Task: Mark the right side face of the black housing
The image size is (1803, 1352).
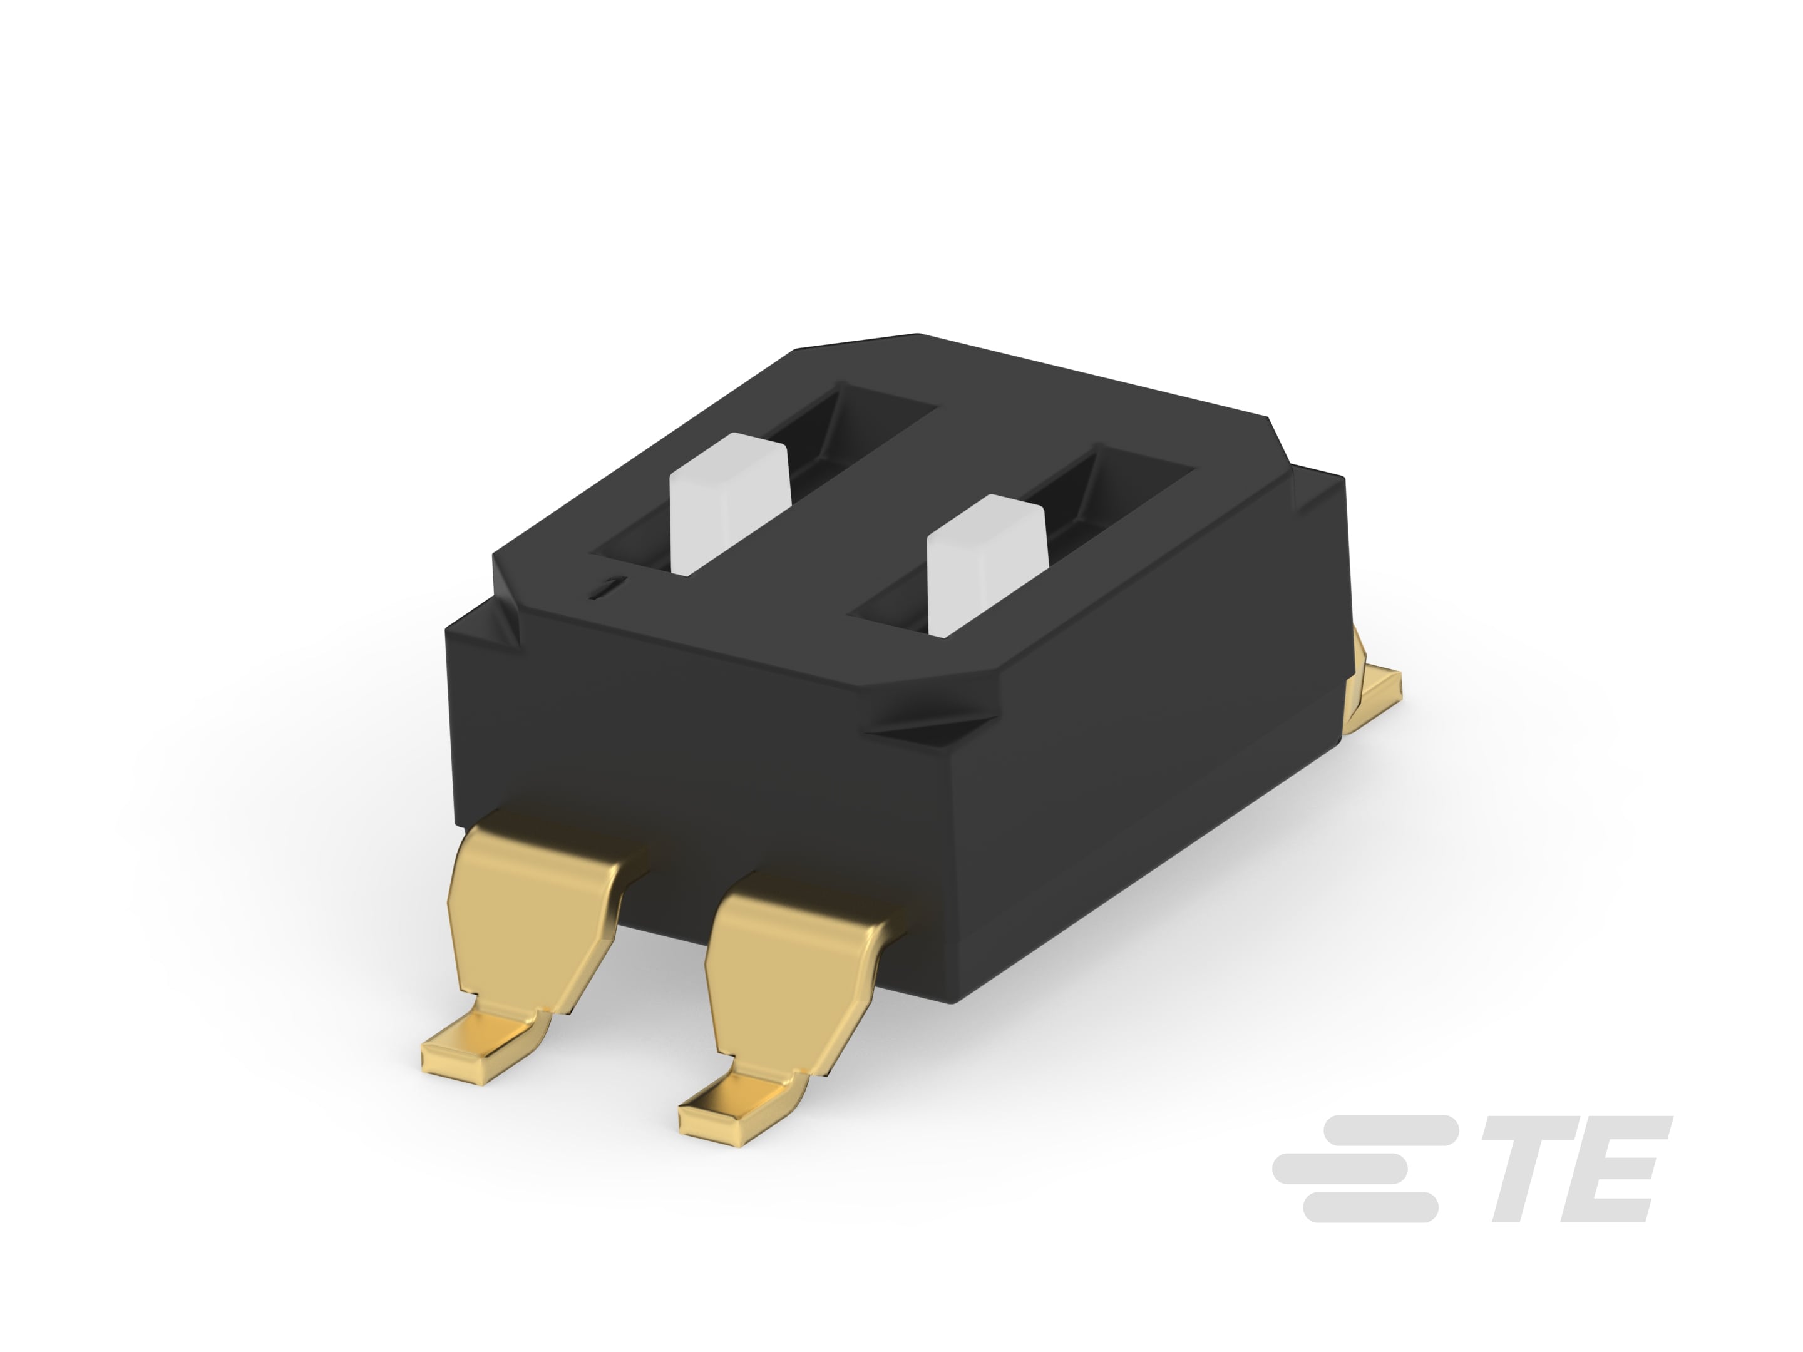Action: click(x=1158, y=782)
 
